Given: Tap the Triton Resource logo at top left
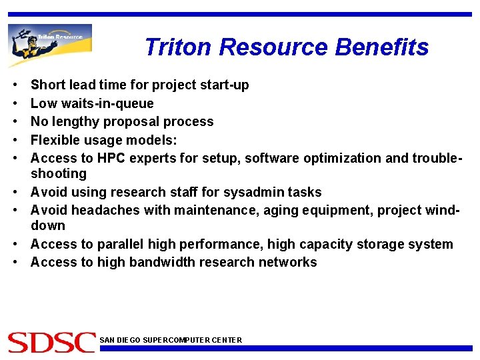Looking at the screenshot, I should click(50, 44).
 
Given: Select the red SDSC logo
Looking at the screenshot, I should click(51, 341).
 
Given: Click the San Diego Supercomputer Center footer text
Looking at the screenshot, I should click(171, 340).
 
